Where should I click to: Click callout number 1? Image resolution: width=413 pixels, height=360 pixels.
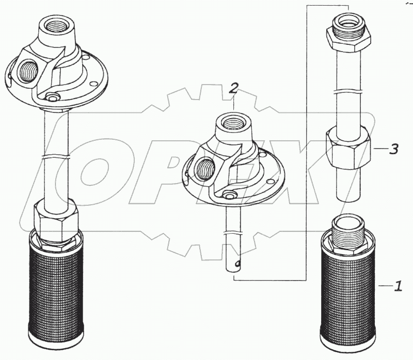[398, 286]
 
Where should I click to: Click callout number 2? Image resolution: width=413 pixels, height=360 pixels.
[233, 88]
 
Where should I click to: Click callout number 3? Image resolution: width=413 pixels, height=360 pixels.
[393, 149]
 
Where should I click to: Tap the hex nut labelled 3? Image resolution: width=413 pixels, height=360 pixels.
[348, 148]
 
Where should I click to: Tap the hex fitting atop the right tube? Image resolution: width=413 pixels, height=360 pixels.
[348, 33]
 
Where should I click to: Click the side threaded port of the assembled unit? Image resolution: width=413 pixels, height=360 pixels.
[28, 71]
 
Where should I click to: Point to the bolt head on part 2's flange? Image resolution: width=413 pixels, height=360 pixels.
[228, 194]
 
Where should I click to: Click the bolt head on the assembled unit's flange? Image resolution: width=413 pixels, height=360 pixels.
[51, 96]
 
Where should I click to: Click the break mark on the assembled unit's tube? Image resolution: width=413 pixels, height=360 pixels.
[56, 157]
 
